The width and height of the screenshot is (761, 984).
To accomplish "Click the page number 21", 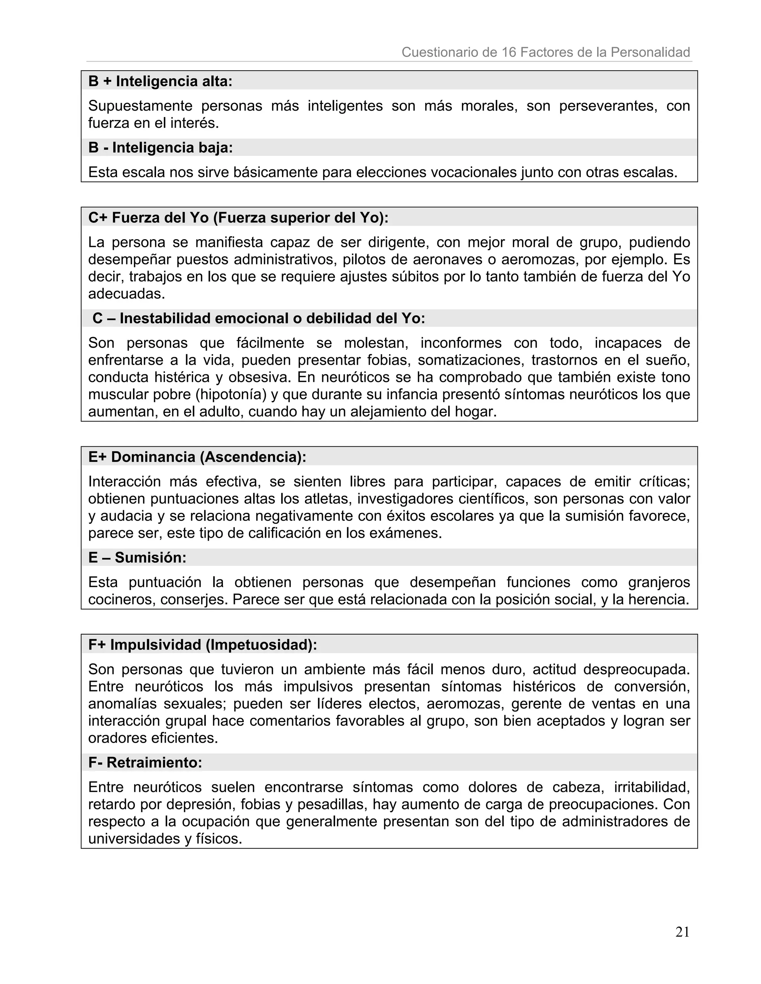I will [682, 932].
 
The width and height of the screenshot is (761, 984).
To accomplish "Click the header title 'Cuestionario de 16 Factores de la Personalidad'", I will [545, 52].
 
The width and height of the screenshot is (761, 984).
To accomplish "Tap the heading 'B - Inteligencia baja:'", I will [160, 147].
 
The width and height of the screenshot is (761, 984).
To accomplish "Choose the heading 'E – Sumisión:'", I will [137, 557].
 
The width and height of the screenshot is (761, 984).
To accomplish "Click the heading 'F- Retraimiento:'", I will [145, 762].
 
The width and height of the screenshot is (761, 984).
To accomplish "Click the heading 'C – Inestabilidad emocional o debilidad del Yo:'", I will [259, 318].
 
